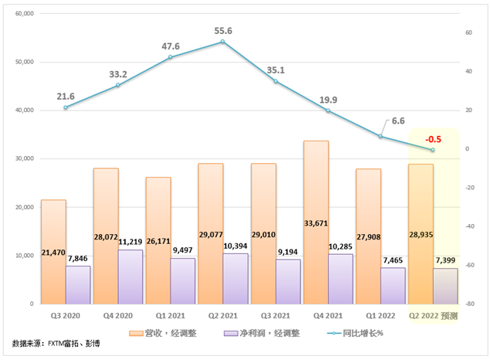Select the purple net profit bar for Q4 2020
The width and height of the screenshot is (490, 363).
130,278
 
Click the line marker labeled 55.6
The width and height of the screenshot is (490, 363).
222,42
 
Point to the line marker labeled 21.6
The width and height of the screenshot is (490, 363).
66,107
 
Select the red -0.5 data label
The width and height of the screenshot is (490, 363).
432,138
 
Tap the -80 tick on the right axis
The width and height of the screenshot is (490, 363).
468,304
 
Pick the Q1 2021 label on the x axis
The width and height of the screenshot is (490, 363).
170,316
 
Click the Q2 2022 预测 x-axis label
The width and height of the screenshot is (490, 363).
432,316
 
